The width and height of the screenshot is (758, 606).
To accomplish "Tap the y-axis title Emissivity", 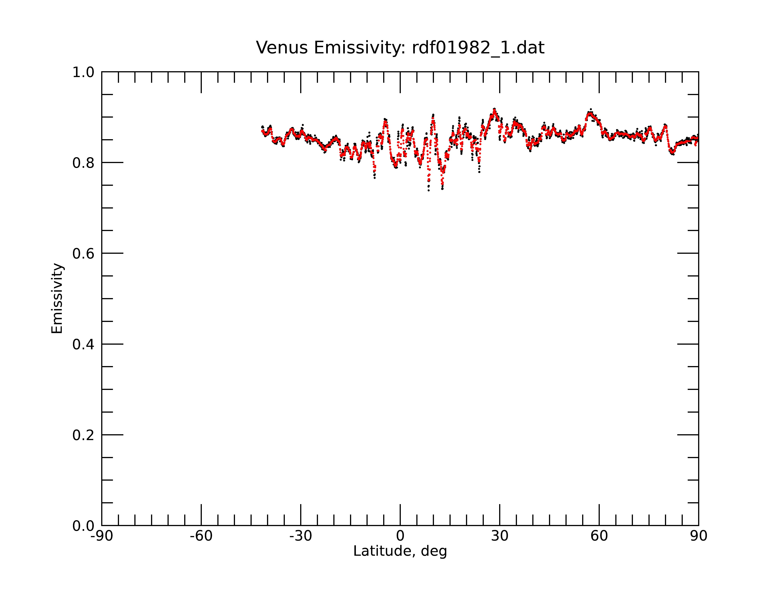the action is coord(57,298).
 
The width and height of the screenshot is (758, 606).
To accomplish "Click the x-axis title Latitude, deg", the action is coord(400,551).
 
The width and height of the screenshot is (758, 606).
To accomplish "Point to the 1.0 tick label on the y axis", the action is coord(83,72).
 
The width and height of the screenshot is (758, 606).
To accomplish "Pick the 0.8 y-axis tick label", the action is coord(83,163).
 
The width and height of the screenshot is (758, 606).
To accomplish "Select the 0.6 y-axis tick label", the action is coord(83,254).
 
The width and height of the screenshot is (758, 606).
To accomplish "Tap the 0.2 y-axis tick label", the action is coord(83,435).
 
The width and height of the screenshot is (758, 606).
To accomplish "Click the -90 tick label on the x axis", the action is coord(102,536).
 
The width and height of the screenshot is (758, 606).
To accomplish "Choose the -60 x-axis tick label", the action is coord(201,536).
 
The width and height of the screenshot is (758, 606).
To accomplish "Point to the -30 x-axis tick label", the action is coord(301,536).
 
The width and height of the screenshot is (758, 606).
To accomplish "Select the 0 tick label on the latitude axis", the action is coord(400,536).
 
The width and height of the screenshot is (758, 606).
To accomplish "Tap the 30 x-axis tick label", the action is coord(500,536).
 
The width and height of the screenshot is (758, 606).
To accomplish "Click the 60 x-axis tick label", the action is coord(599,536).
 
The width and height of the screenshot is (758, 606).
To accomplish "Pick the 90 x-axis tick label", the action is coord(698,536).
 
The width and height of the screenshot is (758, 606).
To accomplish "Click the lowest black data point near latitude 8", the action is coord(429,190).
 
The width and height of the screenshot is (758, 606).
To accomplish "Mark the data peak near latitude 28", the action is coord(494,109).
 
